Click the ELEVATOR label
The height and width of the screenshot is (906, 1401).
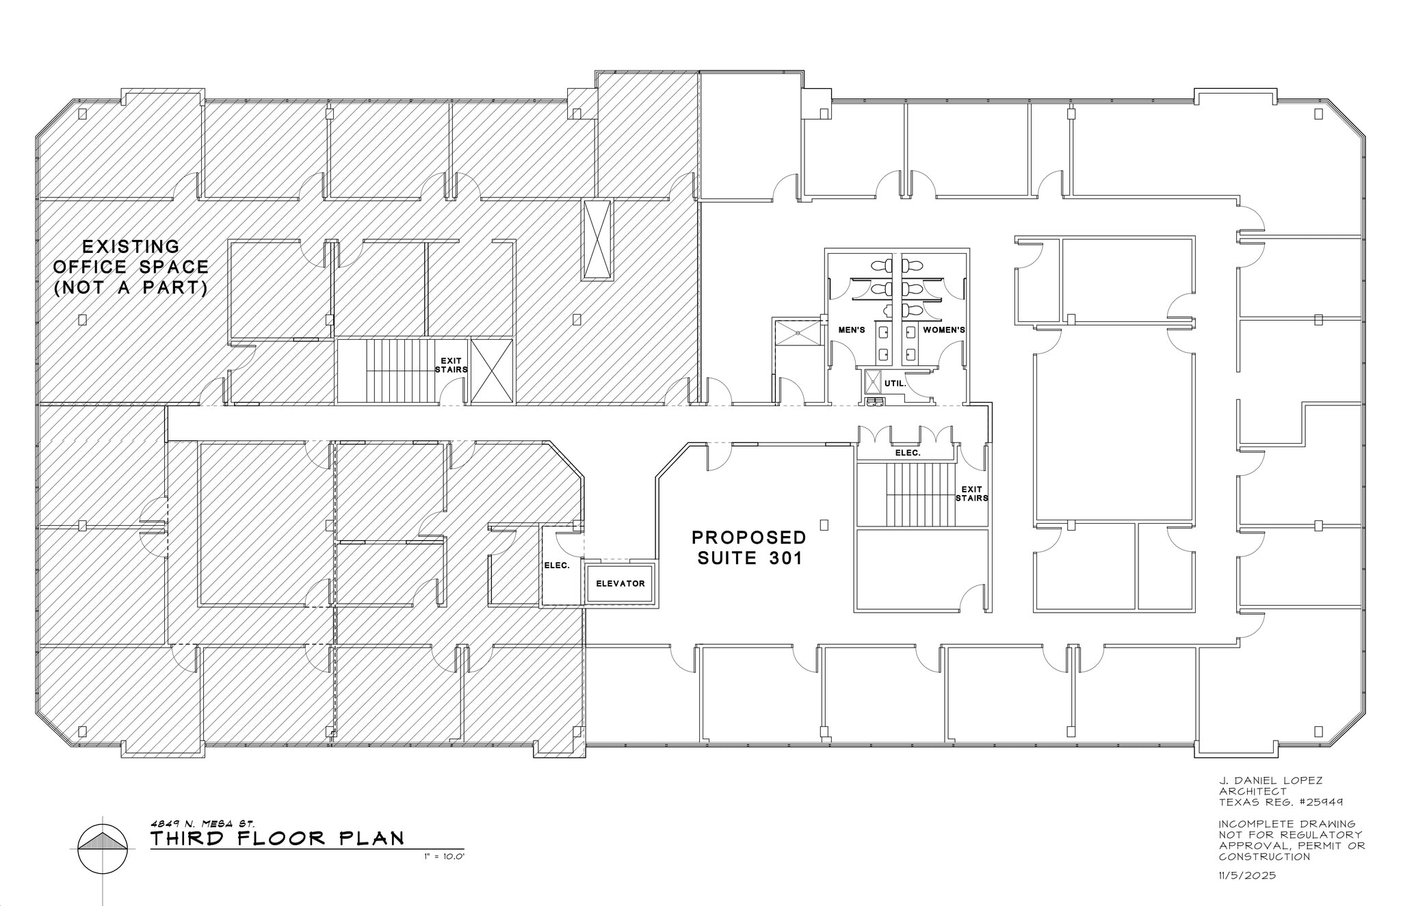pos(620,583)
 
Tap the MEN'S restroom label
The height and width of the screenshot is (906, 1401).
pos(852,330)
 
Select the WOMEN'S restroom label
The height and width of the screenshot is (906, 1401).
pos(944,330)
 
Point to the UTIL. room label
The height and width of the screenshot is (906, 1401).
pos(895,384)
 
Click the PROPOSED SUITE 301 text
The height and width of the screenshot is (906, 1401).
pos(749,548)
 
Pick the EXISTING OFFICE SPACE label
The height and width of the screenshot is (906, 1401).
pos(131,267)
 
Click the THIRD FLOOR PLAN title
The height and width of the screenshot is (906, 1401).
pos(277,838)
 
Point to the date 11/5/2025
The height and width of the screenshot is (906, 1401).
pos(1247,875)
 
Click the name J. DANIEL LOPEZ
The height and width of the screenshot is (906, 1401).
pos(1270,781)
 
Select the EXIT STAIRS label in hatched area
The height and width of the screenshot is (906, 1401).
pos(451,365)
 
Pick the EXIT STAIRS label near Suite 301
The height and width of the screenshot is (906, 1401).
pos(971,494)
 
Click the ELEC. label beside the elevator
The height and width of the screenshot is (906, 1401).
pos(557,565)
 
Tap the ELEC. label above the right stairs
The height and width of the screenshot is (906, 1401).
pos(908,453)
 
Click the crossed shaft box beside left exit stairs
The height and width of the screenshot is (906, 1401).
pos(492,371)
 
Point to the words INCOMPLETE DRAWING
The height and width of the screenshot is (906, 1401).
pos(1287,824)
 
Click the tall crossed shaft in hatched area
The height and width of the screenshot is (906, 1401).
pos(597,239)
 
